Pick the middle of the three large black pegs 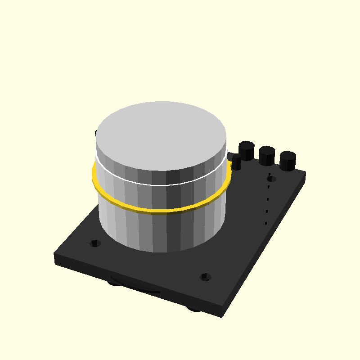point(266,156)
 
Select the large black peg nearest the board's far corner point(288,161)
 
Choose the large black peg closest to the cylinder point(247,150)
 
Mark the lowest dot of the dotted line point(265,223)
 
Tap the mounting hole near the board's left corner point(95,243)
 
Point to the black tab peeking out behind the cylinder point(96,133)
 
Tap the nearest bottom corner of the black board point(222,316)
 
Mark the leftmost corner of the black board point(55,255)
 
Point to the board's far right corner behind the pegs point(306,172)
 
